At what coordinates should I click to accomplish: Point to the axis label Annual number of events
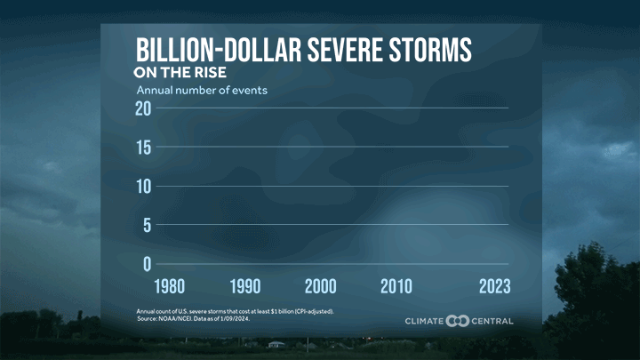[x=201, y=90]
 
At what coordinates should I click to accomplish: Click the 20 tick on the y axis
[x=142, y=108]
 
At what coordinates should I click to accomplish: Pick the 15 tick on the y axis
[x=142, y=148]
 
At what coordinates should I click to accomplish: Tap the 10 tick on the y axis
[x=142, y=187]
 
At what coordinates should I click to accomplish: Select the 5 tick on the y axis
[x=147, y=225]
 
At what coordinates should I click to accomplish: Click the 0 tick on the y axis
[x=147, y=264]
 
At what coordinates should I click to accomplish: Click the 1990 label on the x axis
[x=245, y=286]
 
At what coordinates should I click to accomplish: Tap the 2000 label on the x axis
[x=321, y=286]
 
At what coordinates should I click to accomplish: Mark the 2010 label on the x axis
[x=396, y=286]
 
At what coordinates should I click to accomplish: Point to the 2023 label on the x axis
[x=492, y=286]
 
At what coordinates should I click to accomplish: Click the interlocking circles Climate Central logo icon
[x=458, y=321]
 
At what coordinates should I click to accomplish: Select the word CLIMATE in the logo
[x=424, y=321]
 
